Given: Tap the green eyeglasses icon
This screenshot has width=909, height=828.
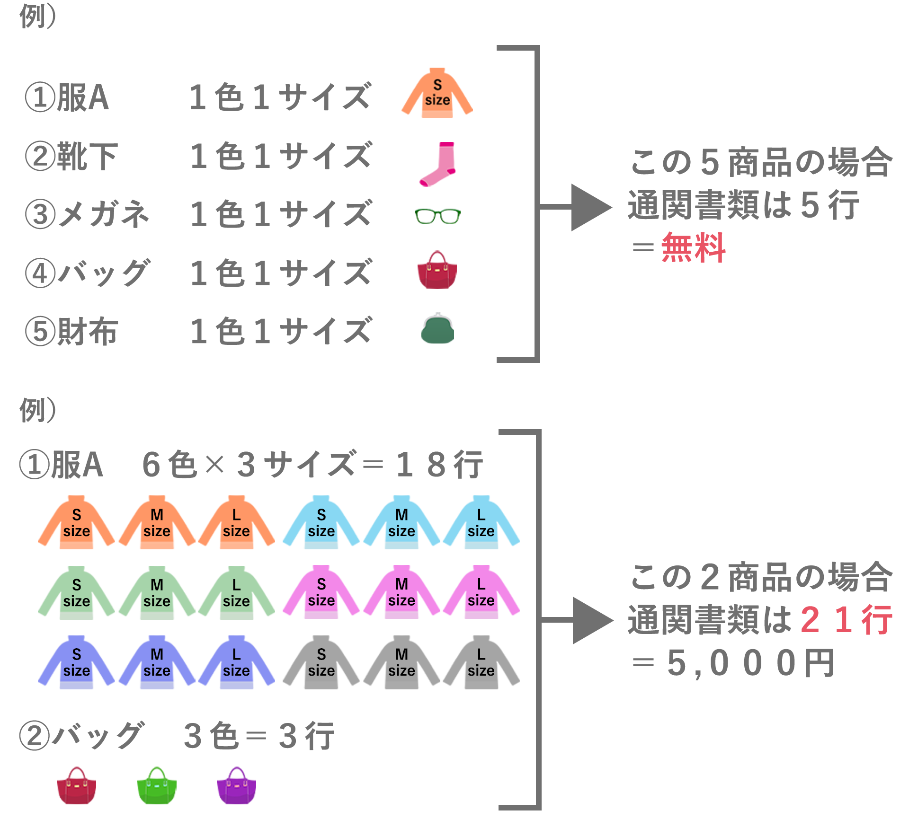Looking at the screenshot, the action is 437,216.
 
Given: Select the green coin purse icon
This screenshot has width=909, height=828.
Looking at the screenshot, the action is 437,328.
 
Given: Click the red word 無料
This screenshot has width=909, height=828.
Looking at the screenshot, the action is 693,247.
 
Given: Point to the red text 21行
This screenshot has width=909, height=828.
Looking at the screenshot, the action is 847,620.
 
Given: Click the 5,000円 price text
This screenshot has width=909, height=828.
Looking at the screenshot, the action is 751,663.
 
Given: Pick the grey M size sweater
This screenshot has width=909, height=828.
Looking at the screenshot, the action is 401,662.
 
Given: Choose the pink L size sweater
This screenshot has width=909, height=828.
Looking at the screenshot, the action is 481,592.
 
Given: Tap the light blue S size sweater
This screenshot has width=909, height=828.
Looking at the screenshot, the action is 321,522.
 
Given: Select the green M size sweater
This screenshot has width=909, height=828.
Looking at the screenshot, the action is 157,592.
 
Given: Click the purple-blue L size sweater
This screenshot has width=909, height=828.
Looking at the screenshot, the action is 236,662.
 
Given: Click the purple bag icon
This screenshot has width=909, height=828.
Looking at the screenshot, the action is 236,785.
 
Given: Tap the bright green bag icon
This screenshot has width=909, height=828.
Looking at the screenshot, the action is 157,785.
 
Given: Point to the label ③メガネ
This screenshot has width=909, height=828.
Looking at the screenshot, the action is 88,214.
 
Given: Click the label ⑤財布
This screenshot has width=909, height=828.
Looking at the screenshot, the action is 71,331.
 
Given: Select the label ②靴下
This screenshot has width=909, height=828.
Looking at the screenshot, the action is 71,156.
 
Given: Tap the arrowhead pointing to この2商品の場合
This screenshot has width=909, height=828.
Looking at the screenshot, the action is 593,620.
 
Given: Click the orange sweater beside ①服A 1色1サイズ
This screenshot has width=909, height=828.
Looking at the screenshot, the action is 437,93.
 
